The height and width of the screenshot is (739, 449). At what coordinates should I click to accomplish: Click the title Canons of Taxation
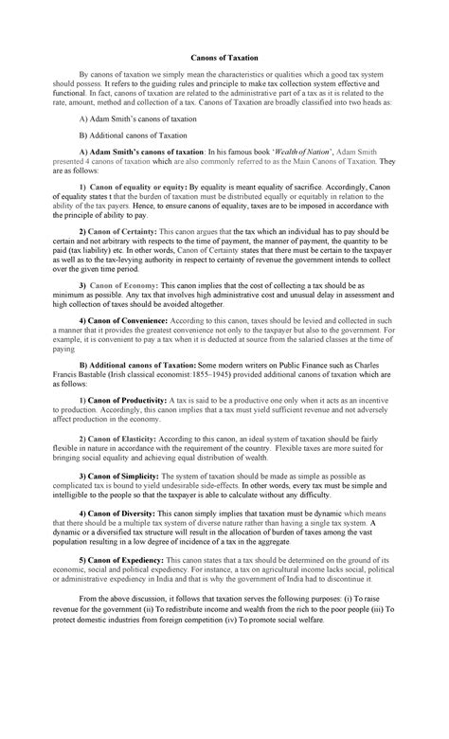[x=224, y=58]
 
